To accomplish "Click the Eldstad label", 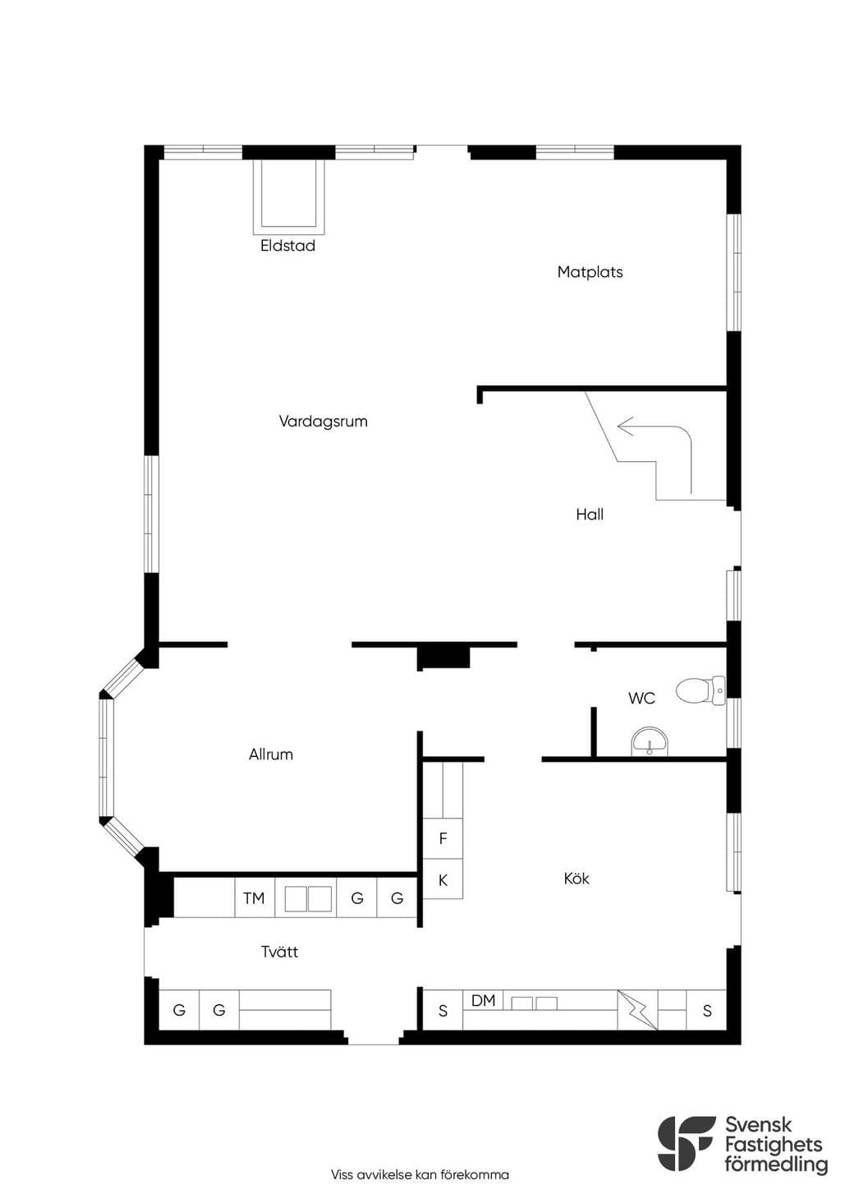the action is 287,246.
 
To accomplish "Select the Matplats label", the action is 590,273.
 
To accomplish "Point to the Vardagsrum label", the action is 324,422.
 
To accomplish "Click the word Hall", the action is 590,514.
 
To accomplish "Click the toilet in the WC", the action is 701,690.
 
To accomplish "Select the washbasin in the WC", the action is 650,741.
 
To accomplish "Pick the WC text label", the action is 641,698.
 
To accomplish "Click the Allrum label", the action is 271,754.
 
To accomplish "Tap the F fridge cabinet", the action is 443,838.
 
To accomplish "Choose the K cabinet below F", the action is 443,879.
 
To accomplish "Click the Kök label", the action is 577,879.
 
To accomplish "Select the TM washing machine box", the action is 255,898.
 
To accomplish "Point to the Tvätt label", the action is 280,952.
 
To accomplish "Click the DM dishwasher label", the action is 483,1000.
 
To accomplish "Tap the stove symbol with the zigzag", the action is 637,1010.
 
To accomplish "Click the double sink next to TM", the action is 308,898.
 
